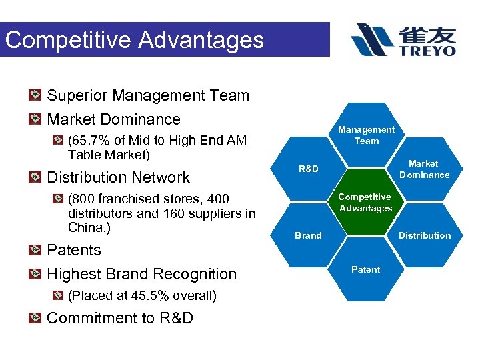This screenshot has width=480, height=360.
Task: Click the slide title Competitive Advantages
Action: tap(135, 40)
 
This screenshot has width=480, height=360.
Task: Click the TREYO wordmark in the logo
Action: tap(428, 51)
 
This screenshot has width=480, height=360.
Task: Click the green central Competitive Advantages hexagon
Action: tap(365, 203)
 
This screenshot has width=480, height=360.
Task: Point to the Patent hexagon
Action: tap(365, 269)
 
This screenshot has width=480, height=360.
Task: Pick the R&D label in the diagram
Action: tap(308, 169)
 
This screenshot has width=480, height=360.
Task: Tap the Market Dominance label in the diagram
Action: tap(424, 169)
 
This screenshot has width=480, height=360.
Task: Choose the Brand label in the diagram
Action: tap(308, 235)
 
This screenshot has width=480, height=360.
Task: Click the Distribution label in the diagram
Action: tap(425, 235)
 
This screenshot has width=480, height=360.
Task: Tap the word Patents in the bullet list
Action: tap(74, 250)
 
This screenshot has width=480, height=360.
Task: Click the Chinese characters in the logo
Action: tap(428, 33)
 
